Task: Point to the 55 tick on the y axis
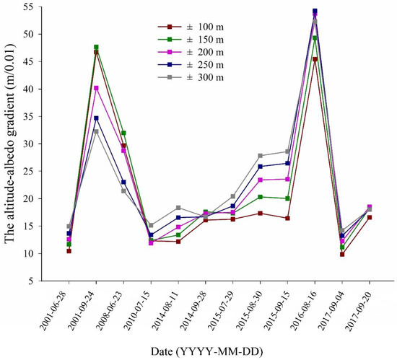click(x=48, y=6)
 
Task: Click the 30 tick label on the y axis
click(x=48, y=144)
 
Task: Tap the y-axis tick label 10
click(x=48, y=253)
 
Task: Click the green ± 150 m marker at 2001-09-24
click(x=96, y=47)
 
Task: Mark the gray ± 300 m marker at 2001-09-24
click(x=96, y=131)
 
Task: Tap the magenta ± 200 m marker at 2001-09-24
click(x=96, y=88)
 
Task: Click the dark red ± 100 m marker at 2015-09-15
click(x=287, y=218)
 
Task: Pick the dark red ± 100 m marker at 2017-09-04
click(x=342, y=254)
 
